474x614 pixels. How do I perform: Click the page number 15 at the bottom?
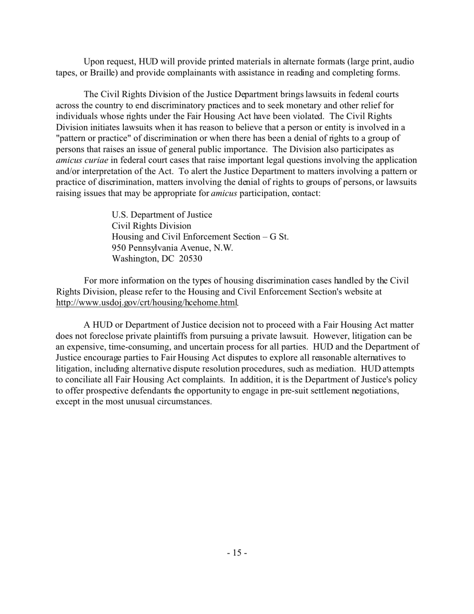coord(237,553)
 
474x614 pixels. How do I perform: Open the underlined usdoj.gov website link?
coord(146,303)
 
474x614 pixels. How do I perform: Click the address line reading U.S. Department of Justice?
coord(162,215)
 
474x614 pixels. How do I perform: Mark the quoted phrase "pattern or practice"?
coord(99,138)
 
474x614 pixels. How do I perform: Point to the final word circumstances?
coord(183,401)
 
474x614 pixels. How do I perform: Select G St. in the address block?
coord(279,237)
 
